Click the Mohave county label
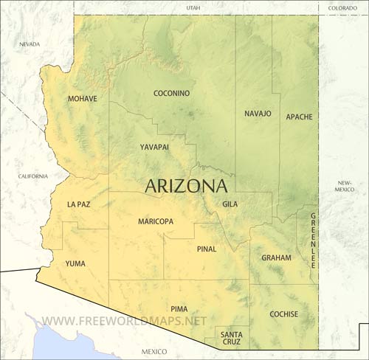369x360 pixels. [82, 98]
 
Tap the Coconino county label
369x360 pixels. [171, 93]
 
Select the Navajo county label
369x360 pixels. [258, 114]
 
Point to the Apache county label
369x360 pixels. [299, 117]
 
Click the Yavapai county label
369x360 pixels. [154, 147]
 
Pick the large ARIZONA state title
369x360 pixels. [186, 185]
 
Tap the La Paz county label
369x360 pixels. [78, 204]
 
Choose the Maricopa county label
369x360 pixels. [156, 221]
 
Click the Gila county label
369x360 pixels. [230, 204]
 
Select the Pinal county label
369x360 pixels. [207, 249]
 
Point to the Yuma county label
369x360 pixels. [75, 263]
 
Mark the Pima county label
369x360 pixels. [179, 308]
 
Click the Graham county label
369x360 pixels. [276, 258]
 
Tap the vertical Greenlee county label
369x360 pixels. [313, 240]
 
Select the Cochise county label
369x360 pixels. [283, 314]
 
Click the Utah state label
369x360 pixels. [193, 7]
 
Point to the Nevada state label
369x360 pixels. [30, 44]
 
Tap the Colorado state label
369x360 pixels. [342, 7]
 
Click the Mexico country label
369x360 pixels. [155, 351]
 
